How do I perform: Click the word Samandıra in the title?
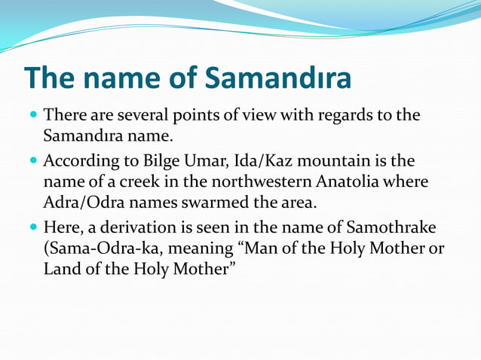pos(279,78)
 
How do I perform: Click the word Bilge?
pos(158,161)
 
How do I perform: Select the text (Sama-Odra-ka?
pos(100,248)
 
